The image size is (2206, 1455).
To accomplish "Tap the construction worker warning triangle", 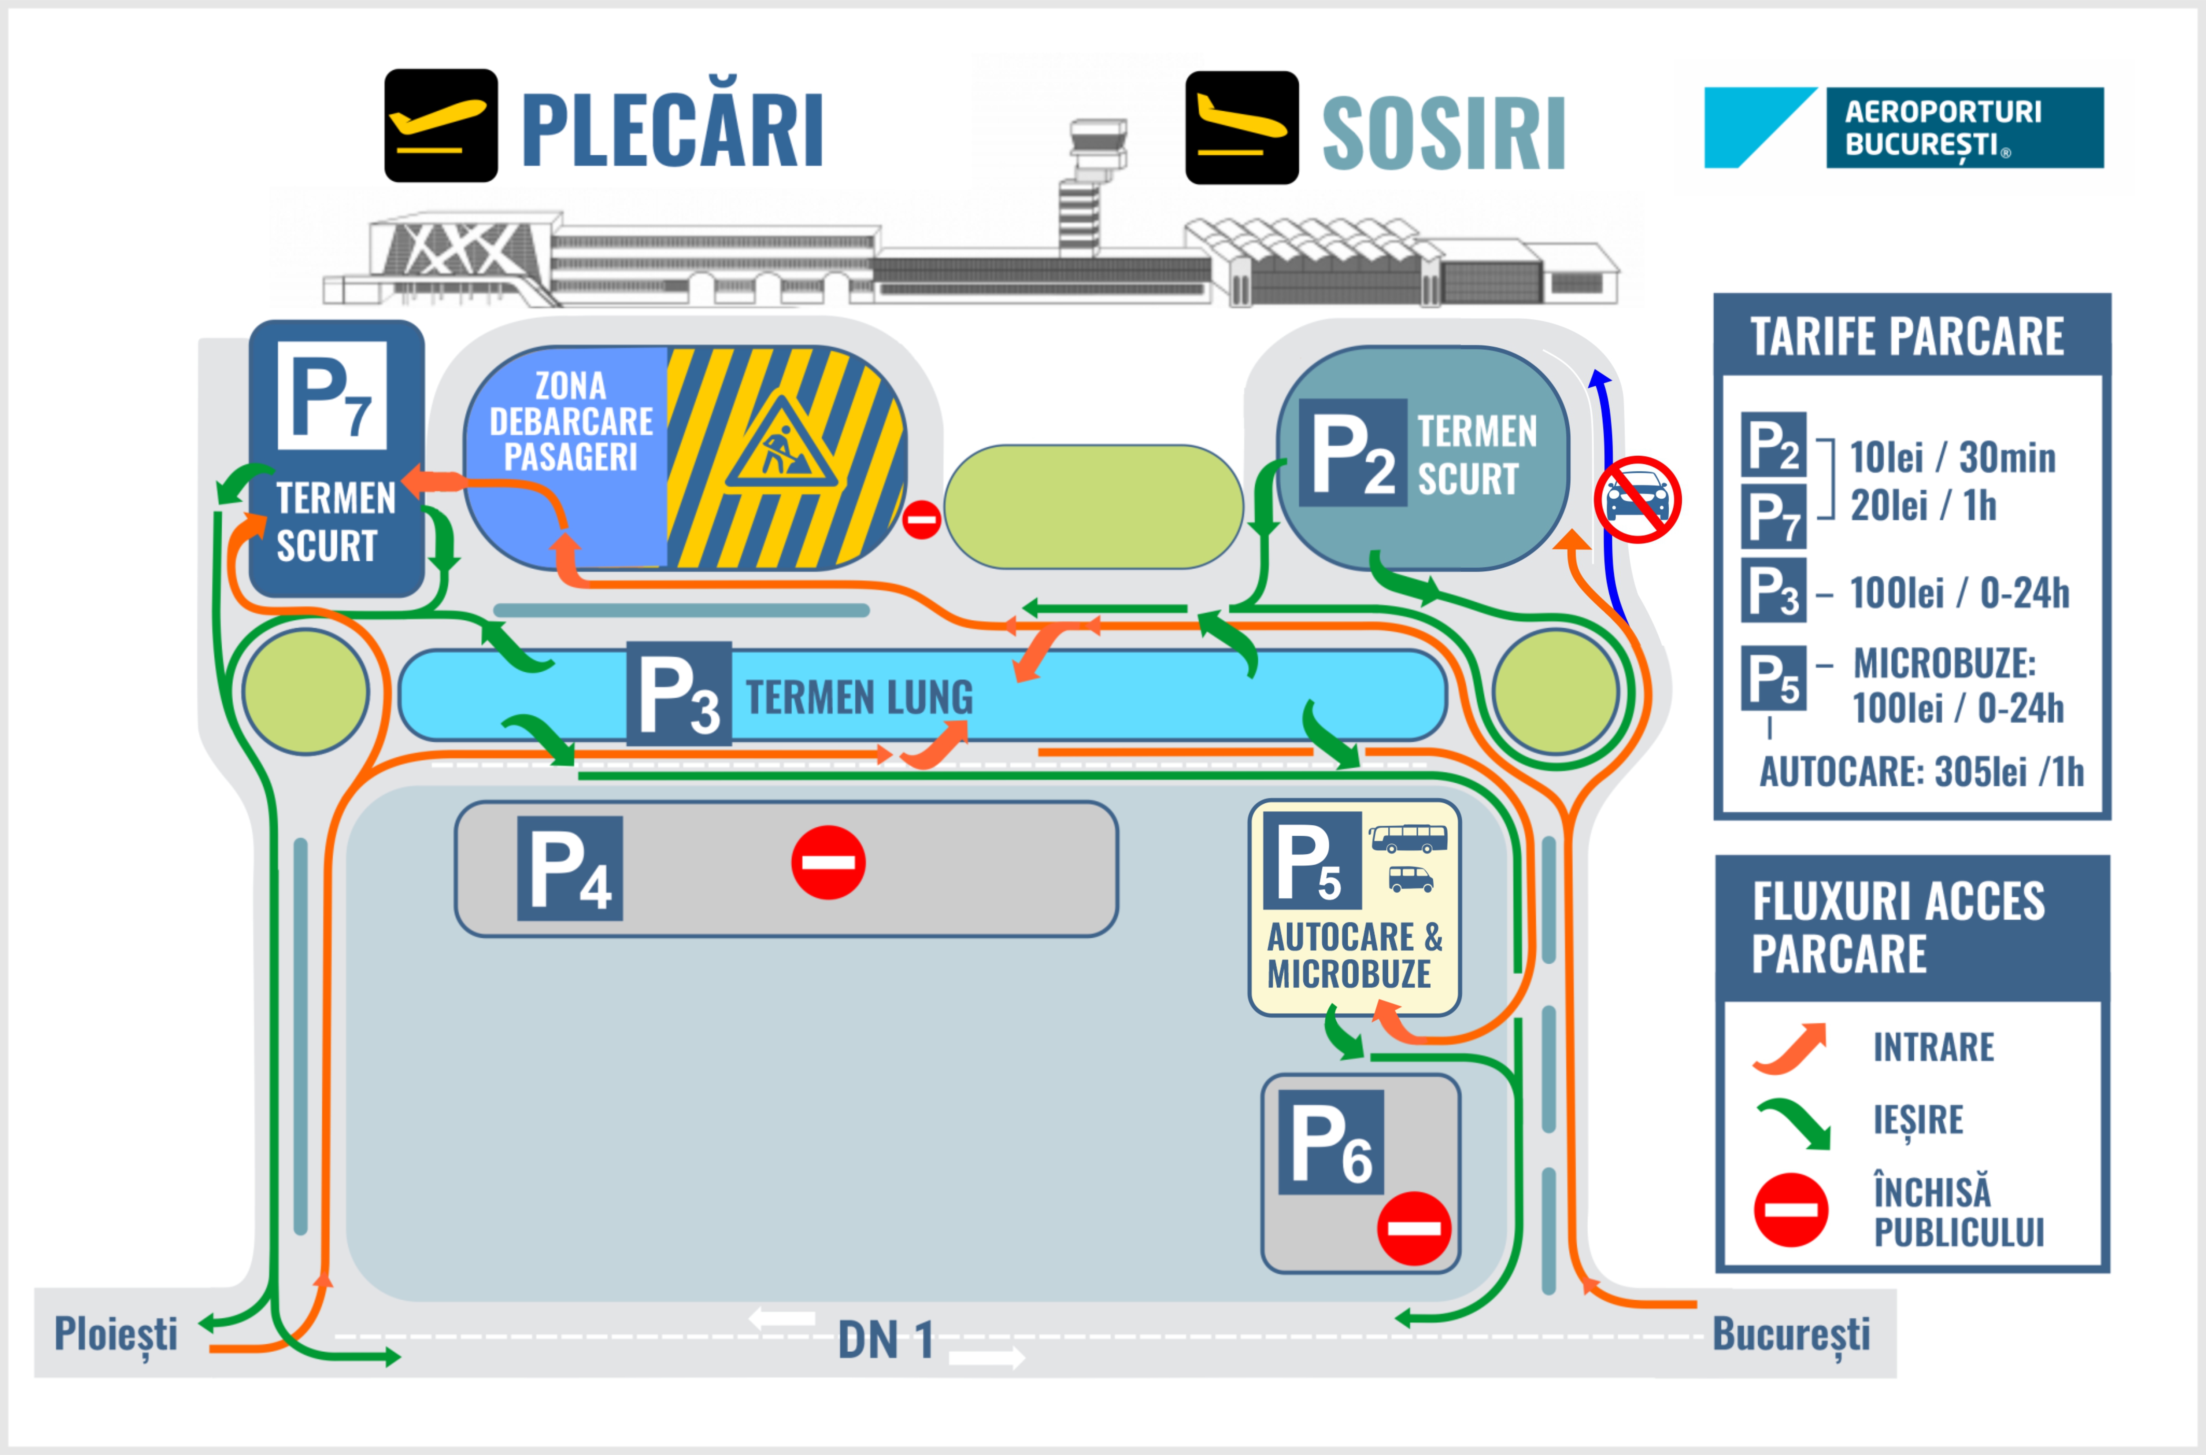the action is click(782, 444).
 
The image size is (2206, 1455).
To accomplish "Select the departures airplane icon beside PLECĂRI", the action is click(441, 125).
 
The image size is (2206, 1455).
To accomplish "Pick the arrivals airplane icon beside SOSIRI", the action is click(1242, 127).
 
